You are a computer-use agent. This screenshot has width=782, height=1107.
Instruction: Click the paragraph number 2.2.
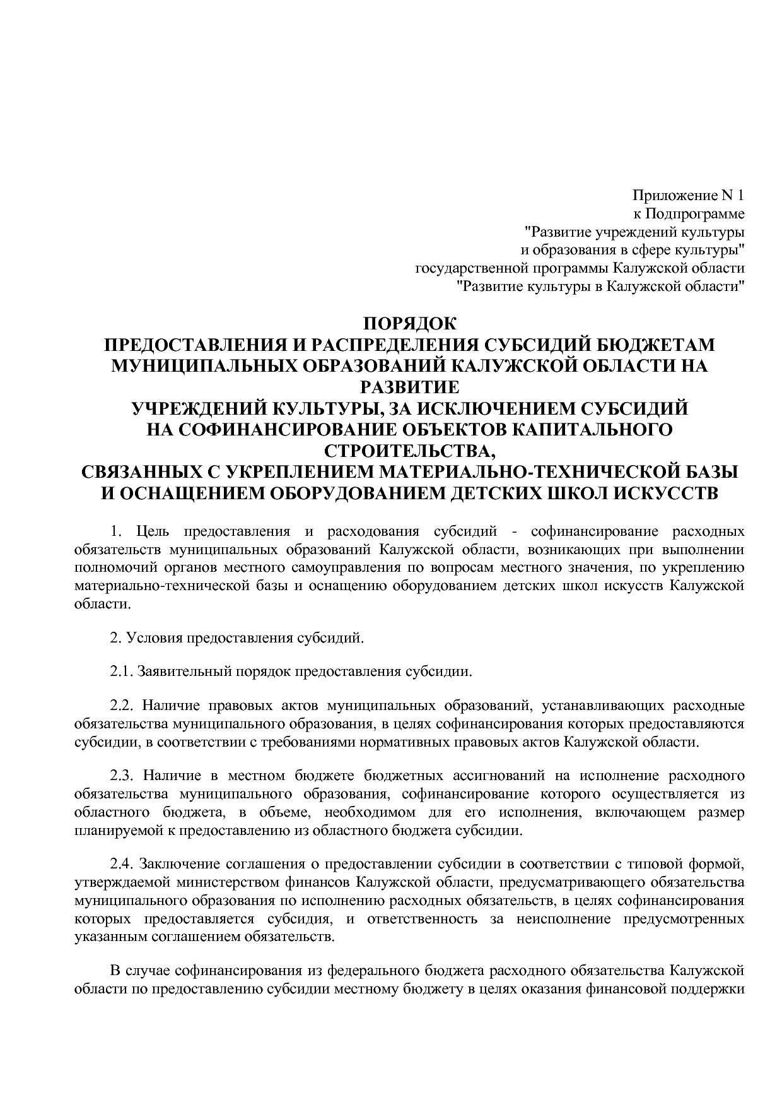(120, 705)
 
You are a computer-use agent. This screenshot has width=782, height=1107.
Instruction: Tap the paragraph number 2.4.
(120, 863)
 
